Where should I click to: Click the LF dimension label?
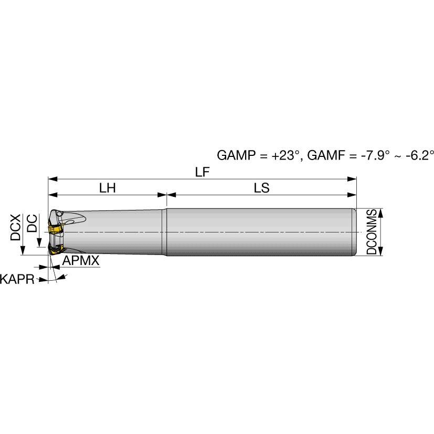pyautogui.click(x=203, y=172)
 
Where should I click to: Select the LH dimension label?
pyautogui.click(x=108, y=188)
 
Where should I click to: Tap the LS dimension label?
pyautogui.click(x=261, y=188)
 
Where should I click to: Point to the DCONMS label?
pyautogui.click(x=372, y=232)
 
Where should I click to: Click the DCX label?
pyautogui.click(x=15, y=227)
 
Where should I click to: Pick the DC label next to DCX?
pyautogui.click(x=32, y=223)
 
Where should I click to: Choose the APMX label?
pyautogui.click(x=80, y=260)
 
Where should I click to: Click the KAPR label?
pyautogui.click(x=17, y=279)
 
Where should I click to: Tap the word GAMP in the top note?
pyautogui.click(x=236, y=155)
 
